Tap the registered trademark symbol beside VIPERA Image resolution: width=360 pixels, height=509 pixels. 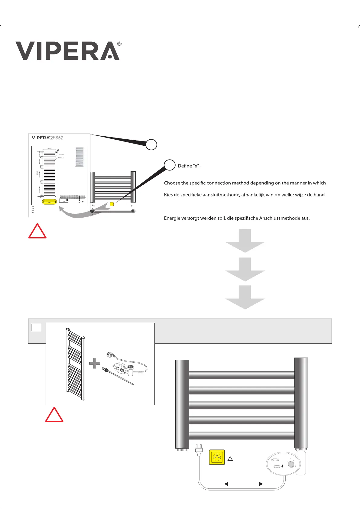119,44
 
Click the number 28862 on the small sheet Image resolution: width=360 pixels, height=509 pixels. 57,138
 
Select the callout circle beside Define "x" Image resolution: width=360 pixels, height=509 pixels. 170,165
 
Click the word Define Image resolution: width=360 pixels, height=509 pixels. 185,166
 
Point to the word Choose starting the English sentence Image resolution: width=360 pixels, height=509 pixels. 172,183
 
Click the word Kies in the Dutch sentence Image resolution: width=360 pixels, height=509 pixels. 169,195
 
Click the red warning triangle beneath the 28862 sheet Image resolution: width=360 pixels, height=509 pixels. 37,232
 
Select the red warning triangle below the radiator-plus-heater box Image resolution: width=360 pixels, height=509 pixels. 54,415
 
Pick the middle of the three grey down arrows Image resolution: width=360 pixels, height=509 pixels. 245,270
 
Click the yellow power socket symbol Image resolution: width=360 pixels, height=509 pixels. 217,457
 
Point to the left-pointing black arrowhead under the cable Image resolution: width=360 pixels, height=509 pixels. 226,484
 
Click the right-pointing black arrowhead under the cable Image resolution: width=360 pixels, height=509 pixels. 261,484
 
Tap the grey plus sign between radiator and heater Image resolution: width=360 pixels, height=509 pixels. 95,363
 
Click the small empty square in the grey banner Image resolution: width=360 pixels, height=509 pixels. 36,327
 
